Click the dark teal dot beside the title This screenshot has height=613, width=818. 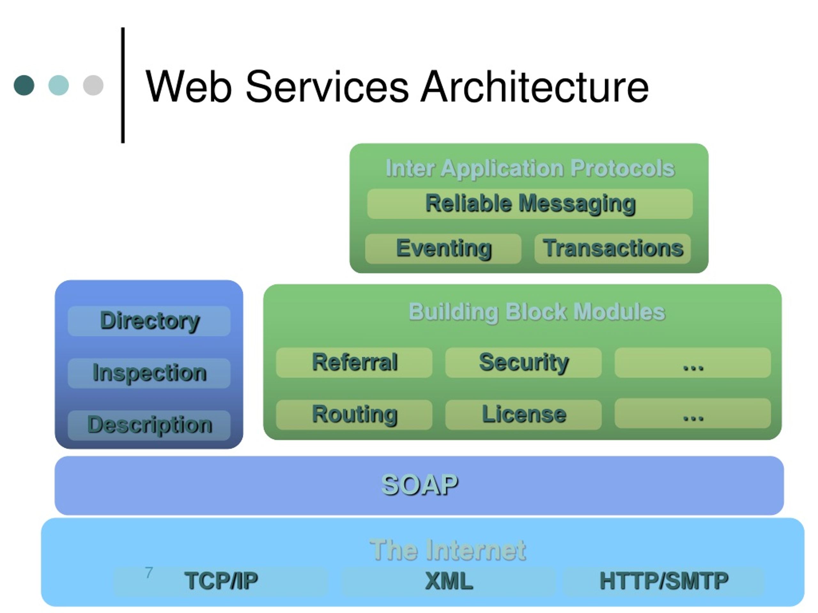[24, 85]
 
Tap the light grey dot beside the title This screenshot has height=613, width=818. [93, 85]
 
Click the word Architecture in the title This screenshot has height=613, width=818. [535, 87]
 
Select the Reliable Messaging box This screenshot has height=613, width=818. [529, 204]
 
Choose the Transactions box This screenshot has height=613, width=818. [613, 249]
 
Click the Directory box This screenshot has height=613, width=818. [149, 321]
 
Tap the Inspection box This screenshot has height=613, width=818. [149, 373]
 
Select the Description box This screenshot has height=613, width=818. [149, 425]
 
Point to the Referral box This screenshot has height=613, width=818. [354, 362]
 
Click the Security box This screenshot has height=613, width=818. [523, 362]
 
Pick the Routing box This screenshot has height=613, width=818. [354, 415]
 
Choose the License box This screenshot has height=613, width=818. [523, 415]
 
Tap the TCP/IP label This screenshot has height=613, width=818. [221, 580]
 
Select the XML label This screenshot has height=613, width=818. [449, 580]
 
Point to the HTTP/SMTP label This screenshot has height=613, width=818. [664, 580]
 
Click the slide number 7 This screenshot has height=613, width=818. [149, 572]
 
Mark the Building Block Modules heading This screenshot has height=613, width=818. [536, 312]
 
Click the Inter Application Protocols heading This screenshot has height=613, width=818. [530, 169]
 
